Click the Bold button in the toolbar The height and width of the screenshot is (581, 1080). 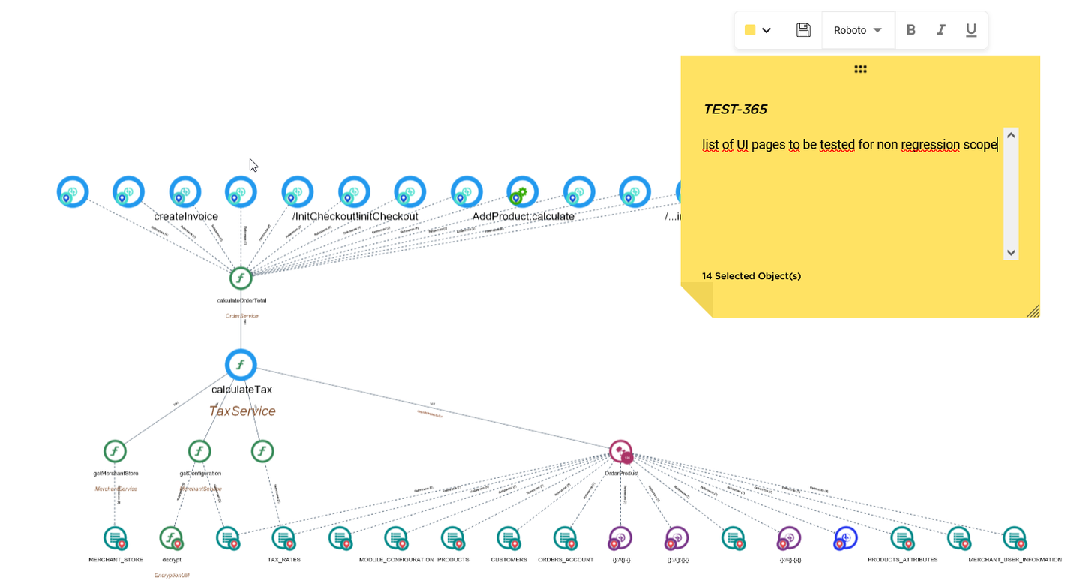coord(911,30)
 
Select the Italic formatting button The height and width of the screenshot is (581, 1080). coord(941,30)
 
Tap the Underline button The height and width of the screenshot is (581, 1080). coord(971,30)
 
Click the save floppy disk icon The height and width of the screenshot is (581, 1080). coord(803,30)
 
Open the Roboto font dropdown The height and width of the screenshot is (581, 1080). coord(858,30)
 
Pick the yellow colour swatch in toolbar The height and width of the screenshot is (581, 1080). coord(750,30)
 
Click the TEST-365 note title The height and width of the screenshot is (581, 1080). coord(735,110)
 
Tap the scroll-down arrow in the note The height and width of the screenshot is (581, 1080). coord(1011,253)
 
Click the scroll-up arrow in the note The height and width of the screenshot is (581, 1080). coord(1011,135)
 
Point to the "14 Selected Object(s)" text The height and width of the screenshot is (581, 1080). coord(751,276)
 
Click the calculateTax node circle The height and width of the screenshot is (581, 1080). coord(241,365)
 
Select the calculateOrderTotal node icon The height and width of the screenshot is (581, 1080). coord(241,278)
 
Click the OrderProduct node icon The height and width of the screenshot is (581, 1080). coord(621,452)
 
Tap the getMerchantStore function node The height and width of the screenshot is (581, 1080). coord(115,451)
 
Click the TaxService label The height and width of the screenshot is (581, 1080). coord(242,411)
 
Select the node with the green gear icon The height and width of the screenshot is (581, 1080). coord(522,192)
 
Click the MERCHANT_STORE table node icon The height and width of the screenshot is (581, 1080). coord(115,537)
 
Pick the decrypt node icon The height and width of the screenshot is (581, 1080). coord(171,537)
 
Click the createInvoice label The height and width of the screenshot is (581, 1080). coord(186,217)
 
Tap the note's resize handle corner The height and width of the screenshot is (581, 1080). coord(1033,311)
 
